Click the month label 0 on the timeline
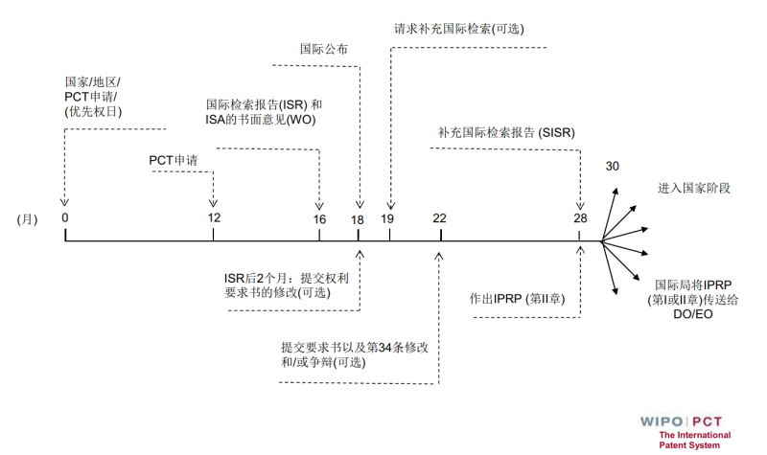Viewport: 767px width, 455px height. pos(65,217)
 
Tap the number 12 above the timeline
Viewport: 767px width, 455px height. pos(214,217)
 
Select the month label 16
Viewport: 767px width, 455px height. pos(319,219)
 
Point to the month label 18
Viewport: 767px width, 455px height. pos(357,219)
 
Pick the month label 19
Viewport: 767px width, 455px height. pos(387,219)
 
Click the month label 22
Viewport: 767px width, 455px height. pos(439,218)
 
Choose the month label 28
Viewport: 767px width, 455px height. pos(580,218)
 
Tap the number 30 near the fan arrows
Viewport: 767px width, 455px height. pos(613,167)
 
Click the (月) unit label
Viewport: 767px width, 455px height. pos(27,218)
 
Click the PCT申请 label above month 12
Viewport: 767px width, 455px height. pos(173,160)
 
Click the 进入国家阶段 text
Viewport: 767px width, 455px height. pos(694,188)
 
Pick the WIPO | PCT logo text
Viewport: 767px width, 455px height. pos(686,421)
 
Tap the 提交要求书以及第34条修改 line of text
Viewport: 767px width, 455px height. pos(354,347)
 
